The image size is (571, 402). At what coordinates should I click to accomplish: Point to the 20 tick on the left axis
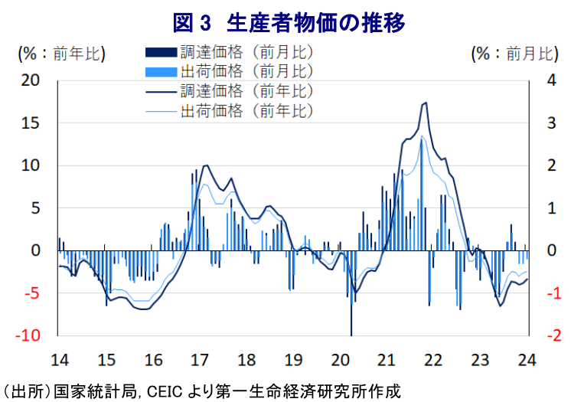pyautogui.click(x=30, y=80)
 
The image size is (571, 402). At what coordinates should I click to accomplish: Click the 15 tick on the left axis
pyautogui.click(x=30, y=123)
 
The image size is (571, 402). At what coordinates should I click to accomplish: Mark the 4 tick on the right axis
pyautogui.click(x=546, y=80)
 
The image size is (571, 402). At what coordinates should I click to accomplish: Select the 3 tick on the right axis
pyautogui.click(x=546, y=123)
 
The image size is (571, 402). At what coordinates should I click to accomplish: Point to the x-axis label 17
pyautogui.click(x=200, y=360)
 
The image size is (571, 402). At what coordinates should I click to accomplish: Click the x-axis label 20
pyautogui.click(x=340, y=360)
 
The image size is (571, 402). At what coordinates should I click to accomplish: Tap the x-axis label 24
pyautogui.click(x=527, y=360)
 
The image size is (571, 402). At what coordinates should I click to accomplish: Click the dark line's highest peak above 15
pyautogui.click(x=426, y=103)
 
